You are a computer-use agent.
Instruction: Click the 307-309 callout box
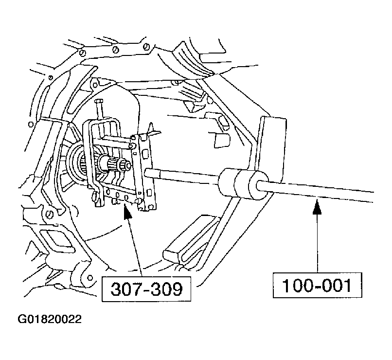[145, 289]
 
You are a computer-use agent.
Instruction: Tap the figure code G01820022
[50, 320]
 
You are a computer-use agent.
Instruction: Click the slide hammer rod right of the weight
[321, 191]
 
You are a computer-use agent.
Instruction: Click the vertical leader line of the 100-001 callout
[317, 243]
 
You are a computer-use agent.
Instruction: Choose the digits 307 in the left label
[124, 289]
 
